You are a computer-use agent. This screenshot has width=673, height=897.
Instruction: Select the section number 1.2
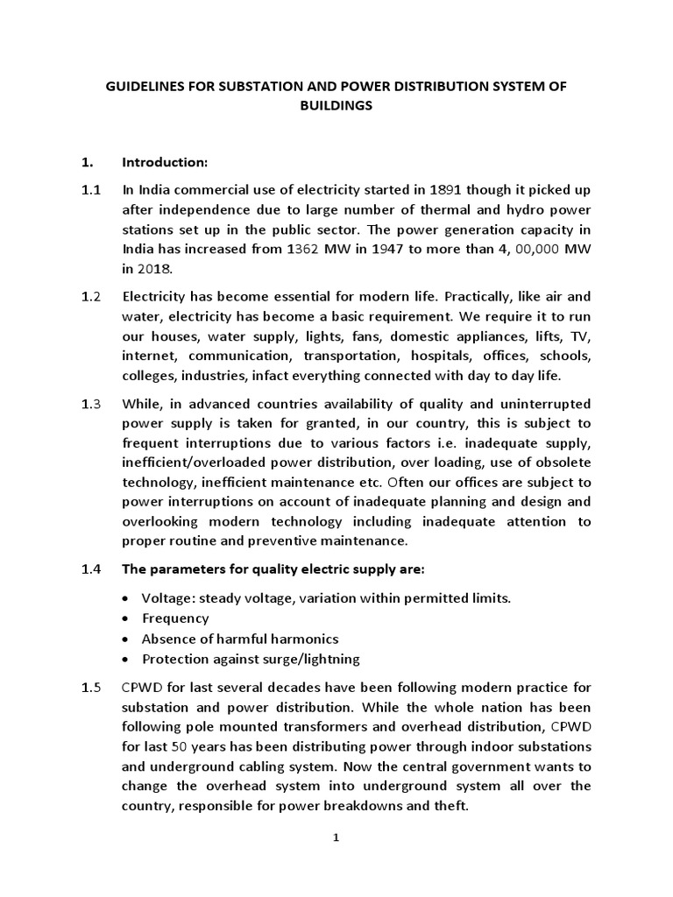(90, 297)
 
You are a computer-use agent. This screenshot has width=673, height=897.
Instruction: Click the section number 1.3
(90, 404)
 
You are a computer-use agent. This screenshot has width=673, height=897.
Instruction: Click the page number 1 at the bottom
(336, 838)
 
